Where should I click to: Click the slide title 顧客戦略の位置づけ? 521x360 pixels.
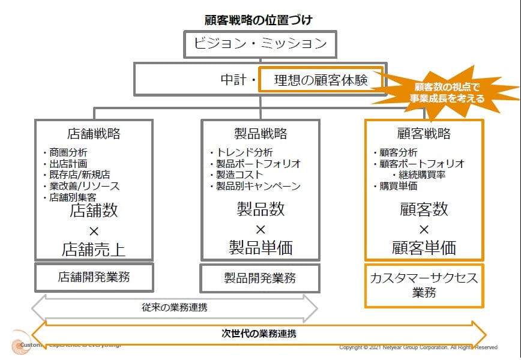point(259,20)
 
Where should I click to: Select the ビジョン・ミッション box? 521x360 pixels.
point(260,44)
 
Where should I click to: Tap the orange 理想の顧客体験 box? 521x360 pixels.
point(320,79)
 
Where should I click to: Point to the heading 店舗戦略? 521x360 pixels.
point(94,133)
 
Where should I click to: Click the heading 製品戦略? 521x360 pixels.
point(260,133)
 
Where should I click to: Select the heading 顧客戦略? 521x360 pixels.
point(424,133)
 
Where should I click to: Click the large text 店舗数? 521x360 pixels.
point(94,210)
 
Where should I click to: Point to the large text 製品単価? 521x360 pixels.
point(260,247)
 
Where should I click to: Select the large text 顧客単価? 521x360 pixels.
point(424,247)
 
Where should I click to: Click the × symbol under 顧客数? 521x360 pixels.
point(424,229)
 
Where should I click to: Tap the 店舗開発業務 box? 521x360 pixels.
point(94,277)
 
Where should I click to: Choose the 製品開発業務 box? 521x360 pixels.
point(260,278)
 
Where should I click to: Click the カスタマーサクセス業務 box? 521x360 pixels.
point(424,285)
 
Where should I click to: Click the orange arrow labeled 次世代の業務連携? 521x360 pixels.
point(259,334)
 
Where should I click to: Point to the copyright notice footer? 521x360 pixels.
point(418,347)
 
